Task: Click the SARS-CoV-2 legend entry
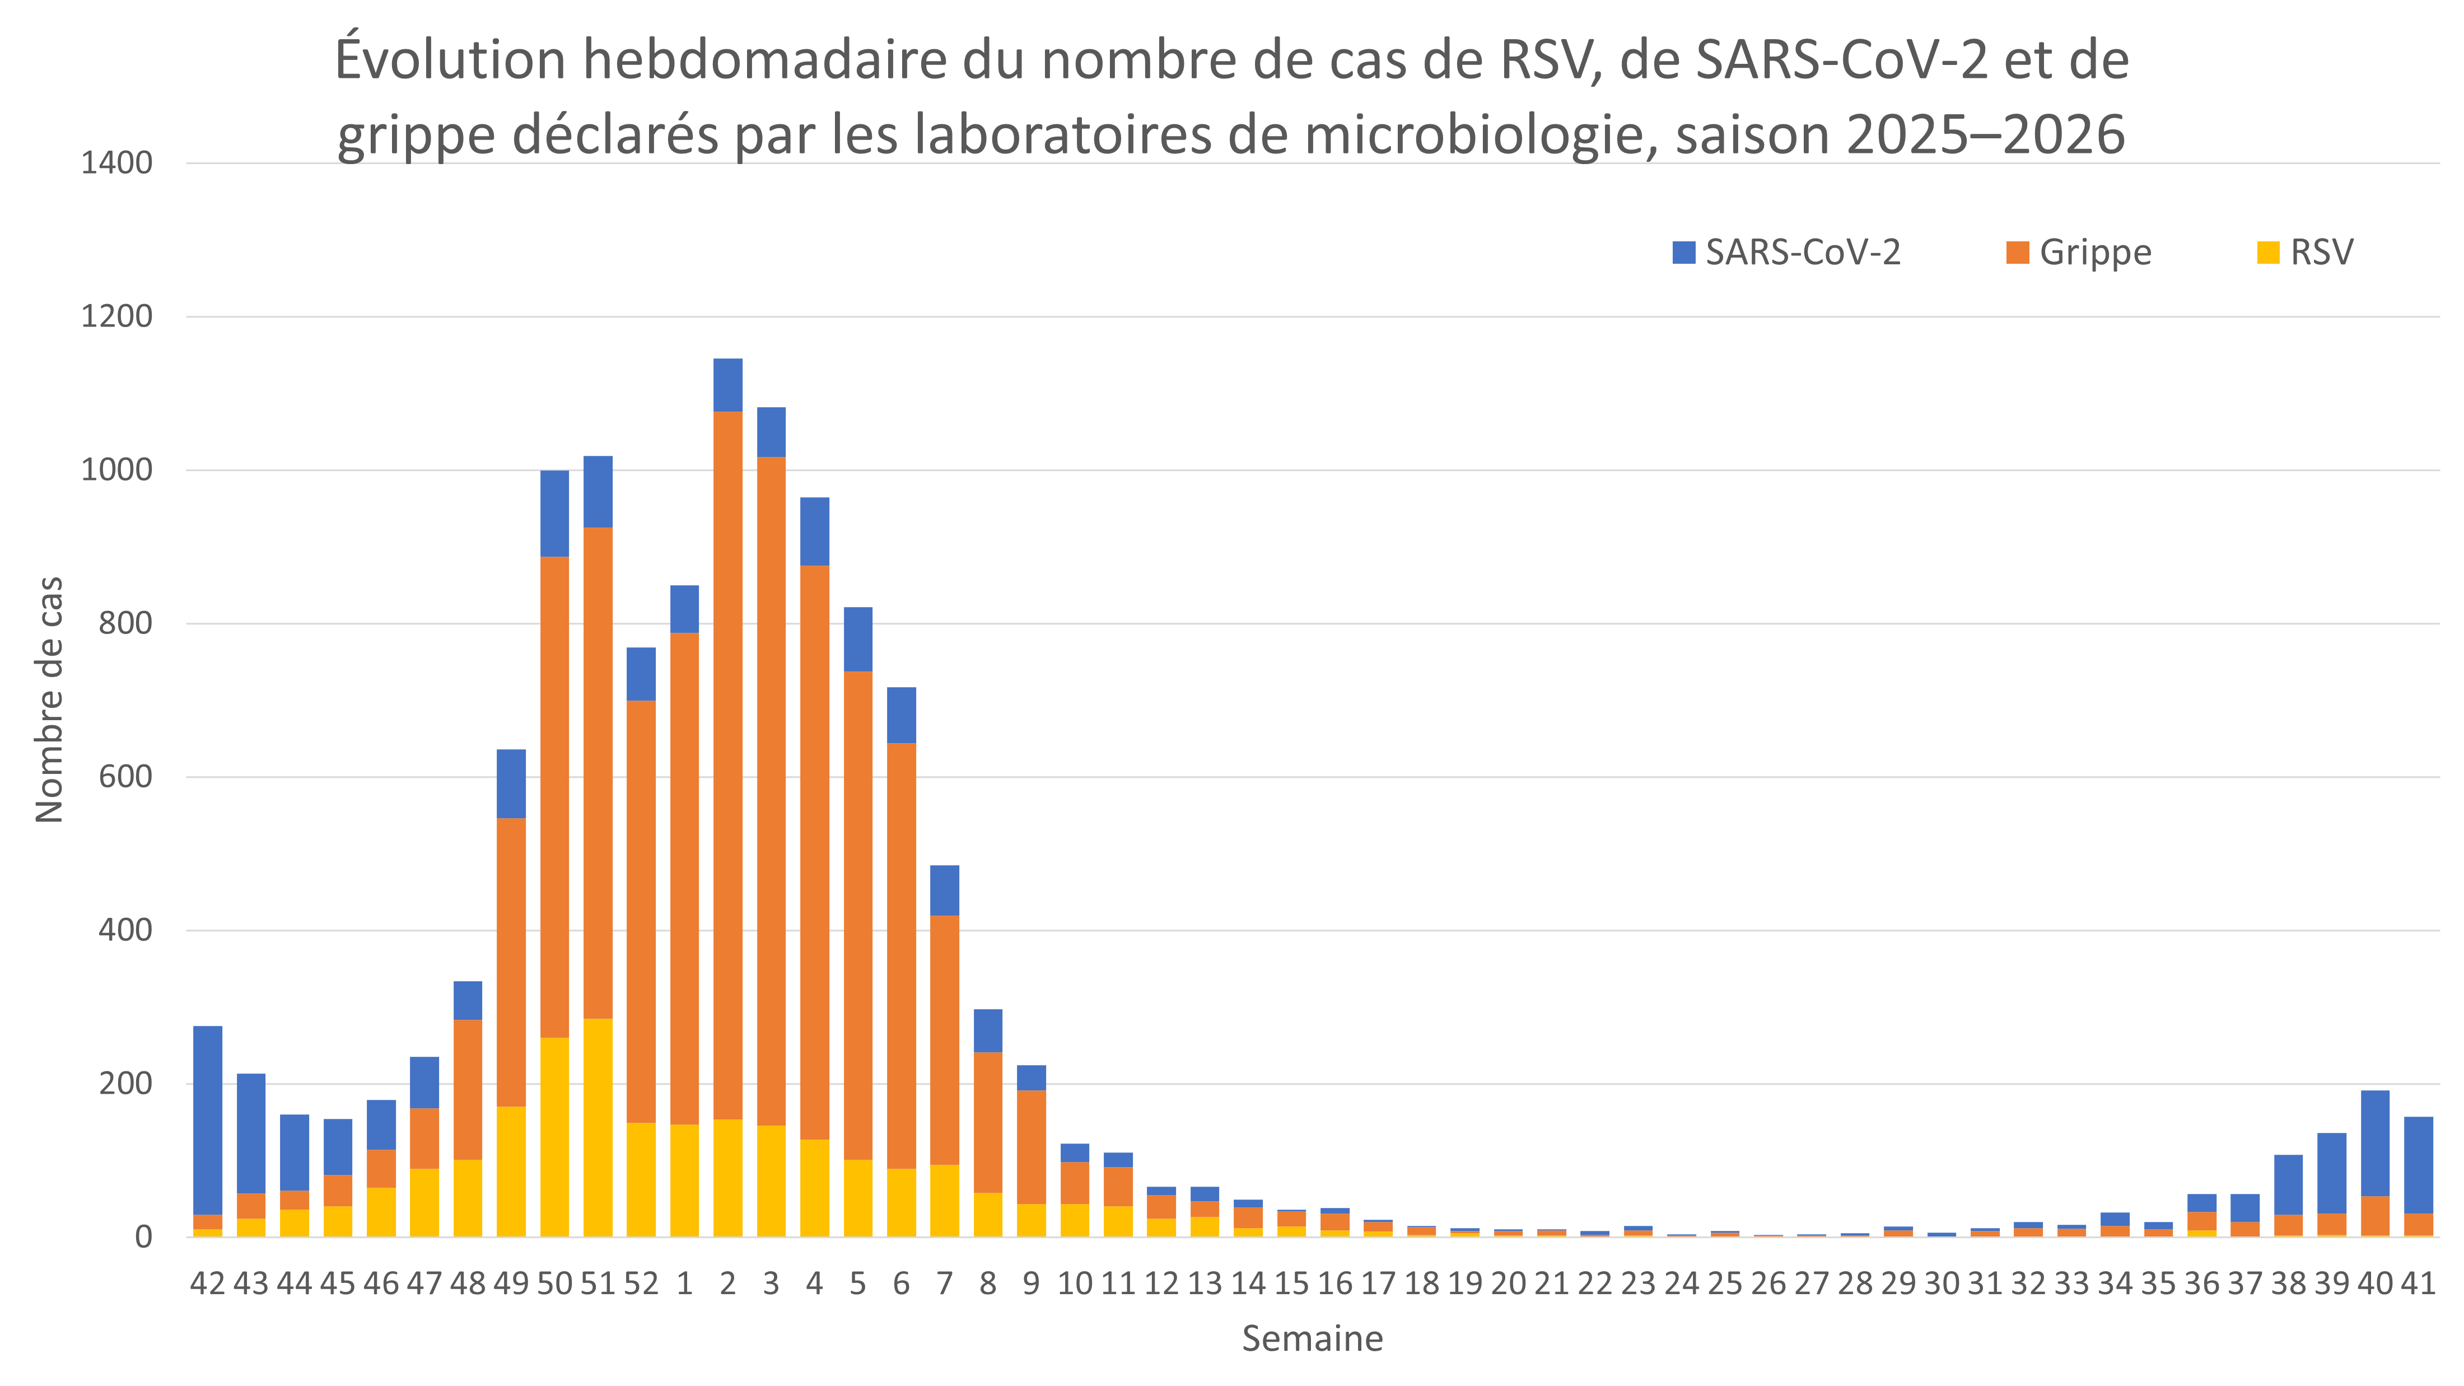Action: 1786,253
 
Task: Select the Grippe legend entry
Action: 2079,253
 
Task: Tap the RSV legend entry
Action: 2305,253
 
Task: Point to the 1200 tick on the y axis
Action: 116,316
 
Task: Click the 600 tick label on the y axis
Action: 125,777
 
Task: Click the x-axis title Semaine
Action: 1312,1339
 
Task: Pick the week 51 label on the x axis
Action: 598,1284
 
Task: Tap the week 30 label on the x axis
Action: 1942,1284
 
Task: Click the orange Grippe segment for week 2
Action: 728,765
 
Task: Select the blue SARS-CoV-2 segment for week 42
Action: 208,1120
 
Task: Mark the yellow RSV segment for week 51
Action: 598,1128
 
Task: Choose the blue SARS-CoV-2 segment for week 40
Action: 2375,1143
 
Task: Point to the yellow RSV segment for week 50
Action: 555,1137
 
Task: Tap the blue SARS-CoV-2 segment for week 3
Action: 771,432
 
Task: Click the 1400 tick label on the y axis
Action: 116,164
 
